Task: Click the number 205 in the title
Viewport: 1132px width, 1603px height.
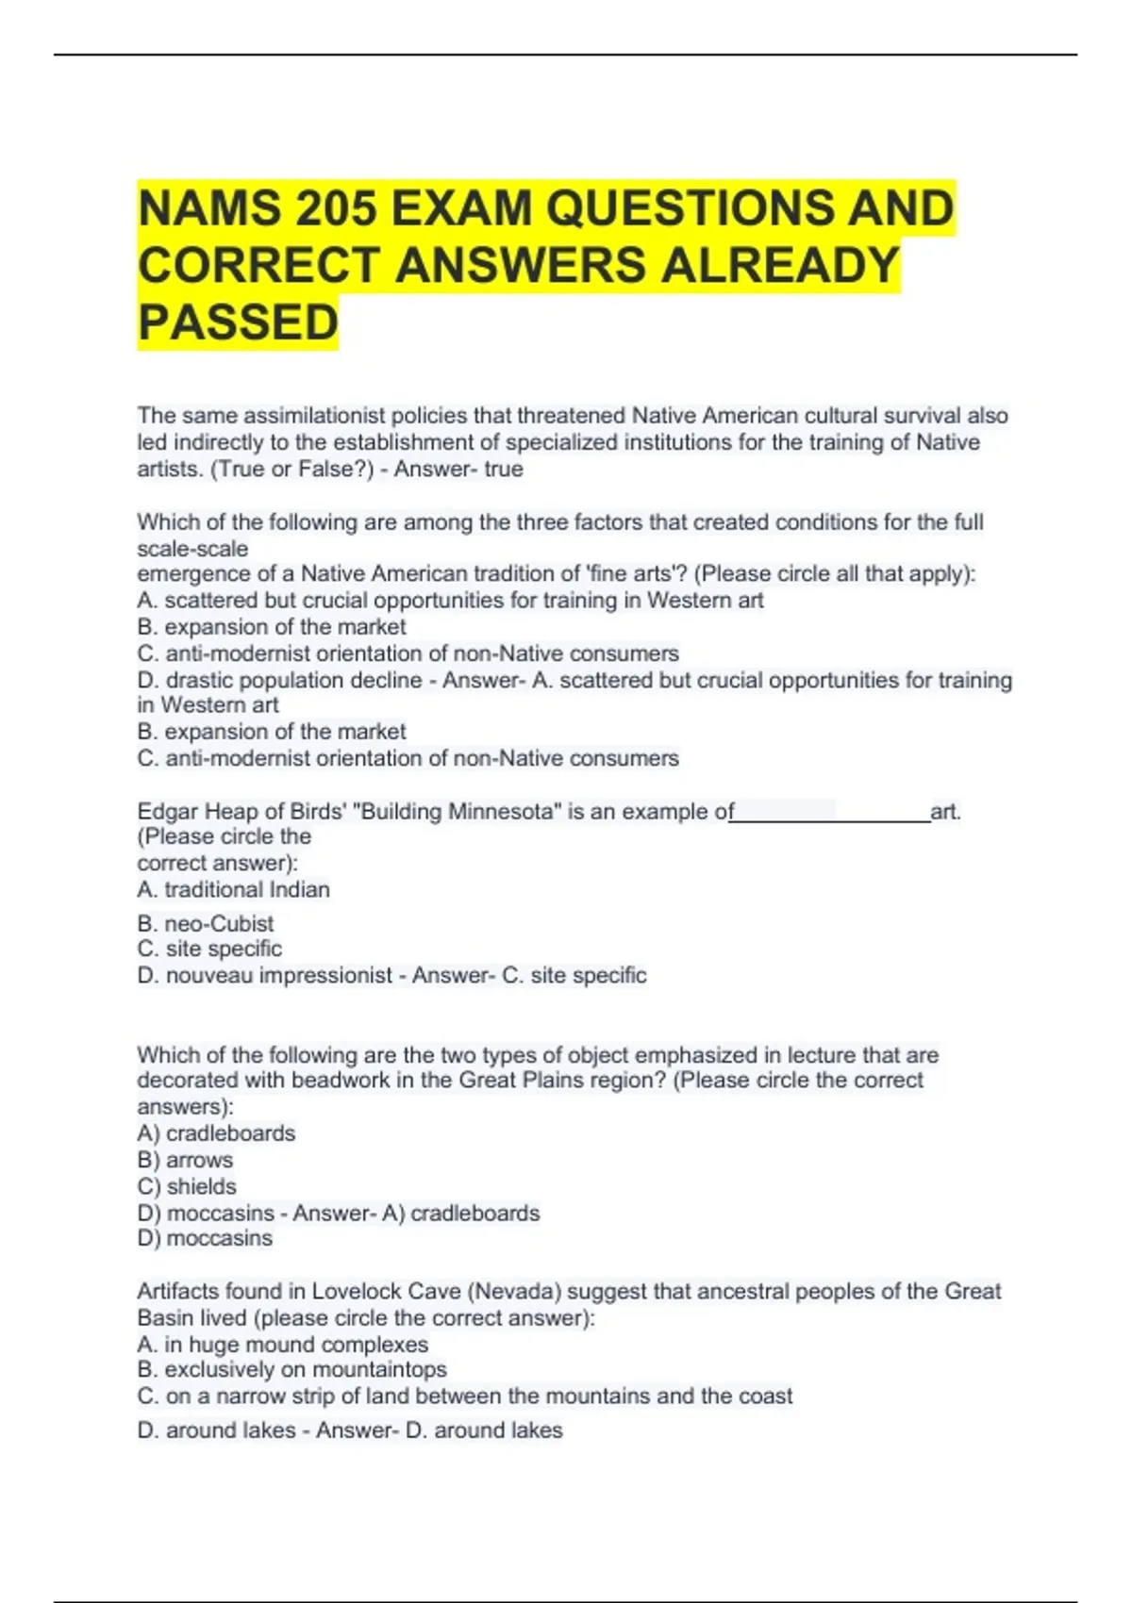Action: coord(336,208)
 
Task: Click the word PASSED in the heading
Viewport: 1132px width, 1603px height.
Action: coord(238,322)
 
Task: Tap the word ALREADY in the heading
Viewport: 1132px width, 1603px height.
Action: coord(780,265)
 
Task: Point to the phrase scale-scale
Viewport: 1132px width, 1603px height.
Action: coord(192,549)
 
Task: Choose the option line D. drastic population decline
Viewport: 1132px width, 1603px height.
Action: coord(279,680)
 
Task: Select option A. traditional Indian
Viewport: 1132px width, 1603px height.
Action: coord(233,889)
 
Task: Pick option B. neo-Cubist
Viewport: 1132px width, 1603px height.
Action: coord(206,923)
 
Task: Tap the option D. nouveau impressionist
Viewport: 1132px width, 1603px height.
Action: coord(264,975)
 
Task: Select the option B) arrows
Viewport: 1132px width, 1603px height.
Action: coord(185,1160)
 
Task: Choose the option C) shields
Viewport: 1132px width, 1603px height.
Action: coord(187,1186)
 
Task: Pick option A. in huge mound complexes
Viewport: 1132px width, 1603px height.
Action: coord(282,1344)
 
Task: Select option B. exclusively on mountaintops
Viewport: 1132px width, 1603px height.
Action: coord(291,1369)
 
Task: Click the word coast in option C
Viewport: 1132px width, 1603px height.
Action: coord(765,1396)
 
